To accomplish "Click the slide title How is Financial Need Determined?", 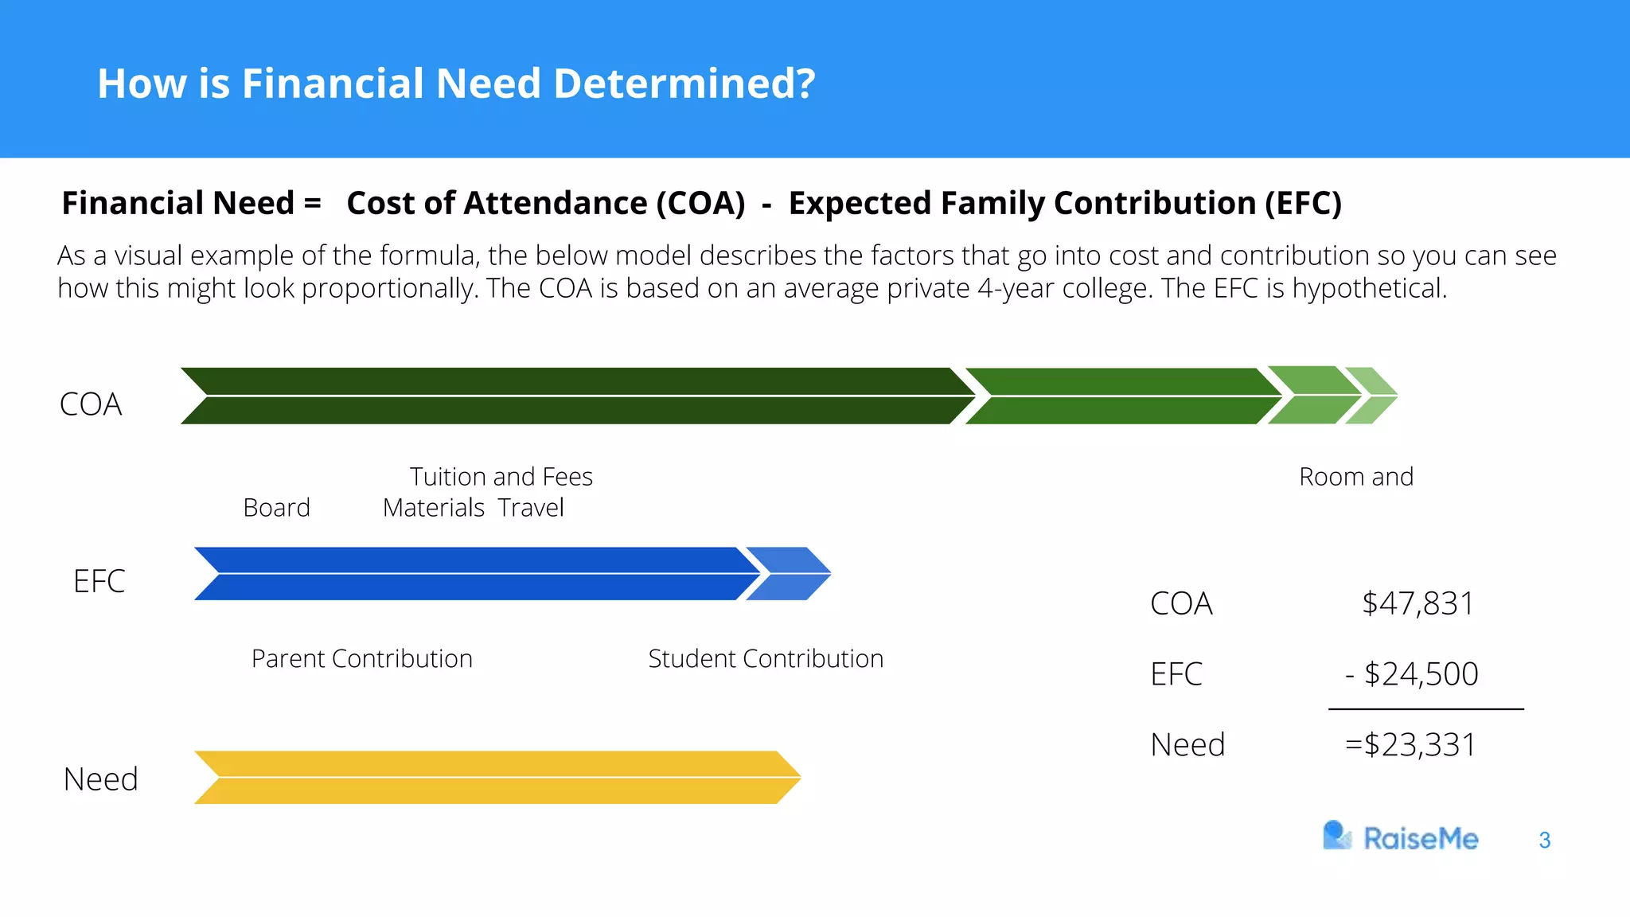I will (456, 84).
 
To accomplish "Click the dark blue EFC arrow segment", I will (474, 573).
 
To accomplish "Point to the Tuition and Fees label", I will (501, 477).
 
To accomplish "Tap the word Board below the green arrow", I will (276, 508).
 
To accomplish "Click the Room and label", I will (1356, 477).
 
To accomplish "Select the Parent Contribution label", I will (362, 659).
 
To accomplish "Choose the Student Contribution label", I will (766, 659).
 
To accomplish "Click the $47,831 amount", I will (1417, 603).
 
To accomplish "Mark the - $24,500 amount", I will (1412, 674).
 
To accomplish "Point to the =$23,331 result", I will (1410, 745).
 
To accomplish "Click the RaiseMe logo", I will (1401, 837).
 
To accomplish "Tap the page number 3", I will (1545, 841).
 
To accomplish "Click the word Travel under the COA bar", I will (531, 508).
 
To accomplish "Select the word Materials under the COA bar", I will (434, 508).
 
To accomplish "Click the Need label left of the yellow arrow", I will (101, 779).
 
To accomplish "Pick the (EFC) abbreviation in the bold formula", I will (1303, 203).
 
